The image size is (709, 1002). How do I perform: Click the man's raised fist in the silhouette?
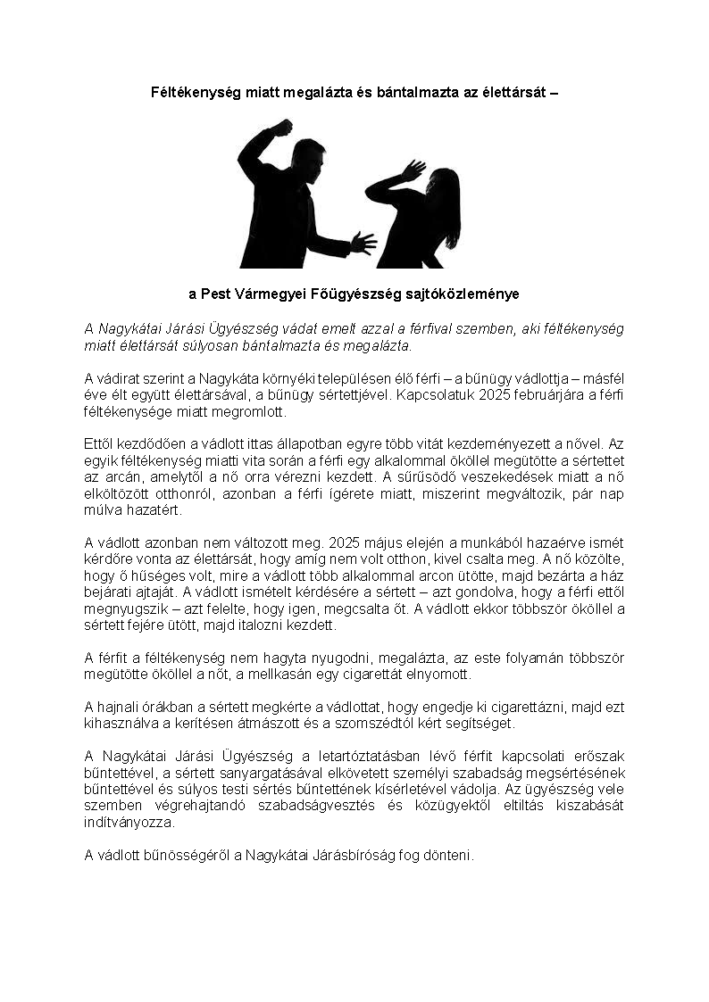coord(282,127)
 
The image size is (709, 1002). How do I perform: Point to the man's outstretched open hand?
coord(363,242)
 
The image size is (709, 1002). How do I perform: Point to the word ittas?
coord(245,442)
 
